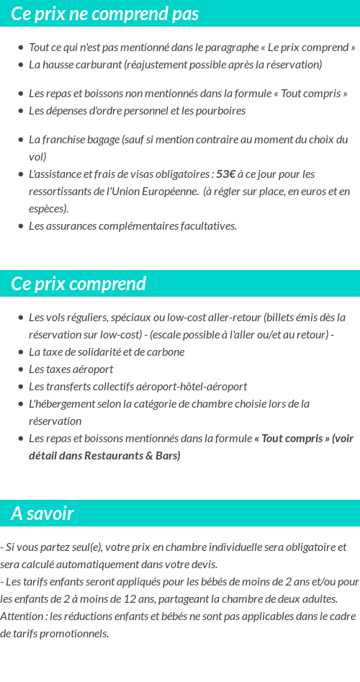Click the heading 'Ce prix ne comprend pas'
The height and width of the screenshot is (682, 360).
[x=104, y=14]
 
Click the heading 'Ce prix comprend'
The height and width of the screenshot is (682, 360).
[x=78, y=284]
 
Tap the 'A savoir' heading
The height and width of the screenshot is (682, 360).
[x=42, y=513]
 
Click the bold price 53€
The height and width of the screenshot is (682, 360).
[x=225, y=174]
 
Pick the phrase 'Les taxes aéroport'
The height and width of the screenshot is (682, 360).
[x=71, y=369]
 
